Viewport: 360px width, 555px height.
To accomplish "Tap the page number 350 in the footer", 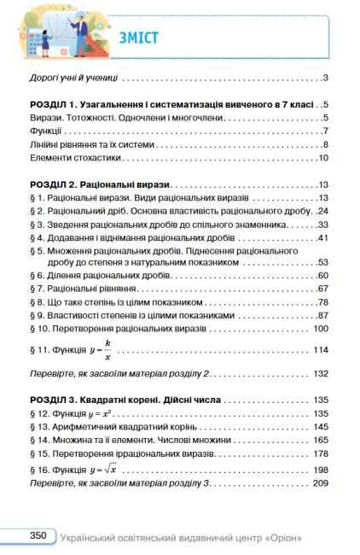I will (37, 535).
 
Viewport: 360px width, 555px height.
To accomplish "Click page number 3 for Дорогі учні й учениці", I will (327, 78).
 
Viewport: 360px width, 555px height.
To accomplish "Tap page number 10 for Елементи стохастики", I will (324, 158).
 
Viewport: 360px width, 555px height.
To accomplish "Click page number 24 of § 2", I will (323, 210).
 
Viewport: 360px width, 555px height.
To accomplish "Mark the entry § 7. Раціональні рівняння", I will (86, 289).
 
